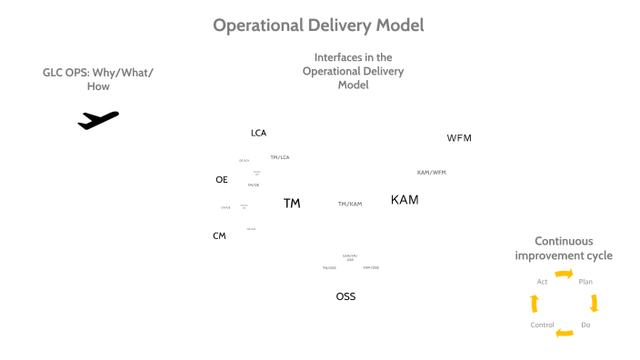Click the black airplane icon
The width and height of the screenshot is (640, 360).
click(x=98, y=119)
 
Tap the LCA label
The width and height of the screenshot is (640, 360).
click(x=259, y=133)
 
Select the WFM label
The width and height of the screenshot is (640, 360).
click(x=459, y=138)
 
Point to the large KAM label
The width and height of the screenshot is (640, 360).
click(x=405, y=199)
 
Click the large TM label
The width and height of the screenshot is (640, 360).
click(x=292, y=203)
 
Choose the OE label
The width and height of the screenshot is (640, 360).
click(x=222, y=179)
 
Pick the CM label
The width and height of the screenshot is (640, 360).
click(x=219, y=235)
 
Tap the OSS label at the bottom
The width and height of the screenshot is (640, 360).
click(x=345, y=296)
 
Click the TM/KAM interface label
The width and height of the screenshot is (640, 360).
click(x=350, y=204)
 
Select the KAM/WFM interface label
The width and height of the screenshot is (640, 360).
click(x=431, y=172)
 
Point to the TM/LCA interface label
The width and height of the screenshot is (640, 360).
click(x=280, y=157)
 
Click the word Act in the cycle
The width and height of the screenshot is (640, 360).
click(x=542, y=282)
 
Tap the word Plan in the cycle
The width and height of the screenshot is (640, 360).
click(x=585, y=282)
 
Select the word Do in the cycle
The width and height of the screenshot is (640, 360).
click(x=585, y=325)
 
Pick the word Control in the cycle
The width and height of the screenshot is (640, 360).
click(x=542, y=325)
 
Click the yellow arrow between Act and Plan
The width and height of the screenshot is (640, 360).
click(x=565, y=273)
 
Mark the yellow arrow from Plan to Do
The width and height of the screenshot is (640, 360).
click(x=595, y=303)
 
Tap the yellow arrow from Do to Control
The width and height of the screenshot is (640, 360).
click(x=565, y=333)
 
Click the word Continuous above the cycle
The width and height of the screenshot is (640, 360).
click(x=564, y=241)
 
